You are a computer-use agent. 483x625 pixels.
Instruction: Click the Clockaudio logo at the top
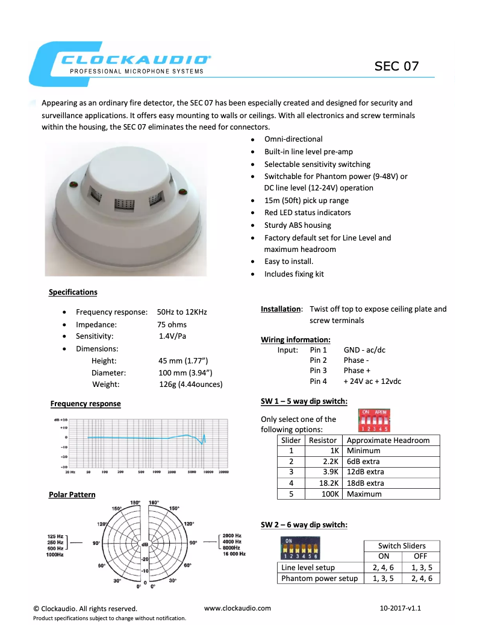point(120,62)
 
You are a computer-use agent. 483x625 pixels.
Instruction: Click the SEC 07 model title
point(396,66)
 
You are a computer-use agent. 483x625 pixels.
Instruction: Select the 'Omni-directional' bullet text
point(293,139)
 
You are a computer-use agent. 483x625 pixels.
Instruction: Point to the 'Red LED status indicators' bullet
point(307,213)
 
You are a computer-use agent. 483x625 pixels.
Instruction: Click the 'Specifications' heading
point(73,292)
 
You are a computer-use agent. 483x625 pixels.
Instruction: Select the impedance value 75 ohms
point(172,324)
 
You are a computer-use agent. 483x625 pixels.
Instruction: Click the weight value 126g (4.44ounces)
point(190,385)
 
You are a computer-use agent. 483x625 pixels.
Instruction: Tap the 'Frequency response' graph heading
point(86,404)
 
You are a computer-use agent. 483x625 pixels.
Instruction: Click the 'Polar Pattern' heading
point(72,495)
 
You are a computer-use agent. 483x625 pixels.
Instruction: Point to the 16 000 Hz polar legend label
point(234,553)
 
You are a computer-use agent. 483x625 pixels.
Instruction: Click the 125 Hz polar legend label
point(55,535)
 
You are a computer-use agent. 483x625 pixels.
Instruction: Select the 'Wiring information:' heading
point(295,340)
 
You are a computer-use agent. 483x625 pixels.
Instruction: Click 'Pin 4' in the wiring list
point(319,382)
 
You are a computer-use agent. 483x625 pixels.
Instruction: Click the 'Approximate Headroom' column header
point(388,441)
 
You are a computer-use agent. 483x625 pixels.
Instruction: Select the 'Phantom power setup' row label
point(319,579)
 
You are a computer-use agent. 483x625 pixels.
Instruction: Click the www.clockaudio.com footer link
point(237,608)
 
